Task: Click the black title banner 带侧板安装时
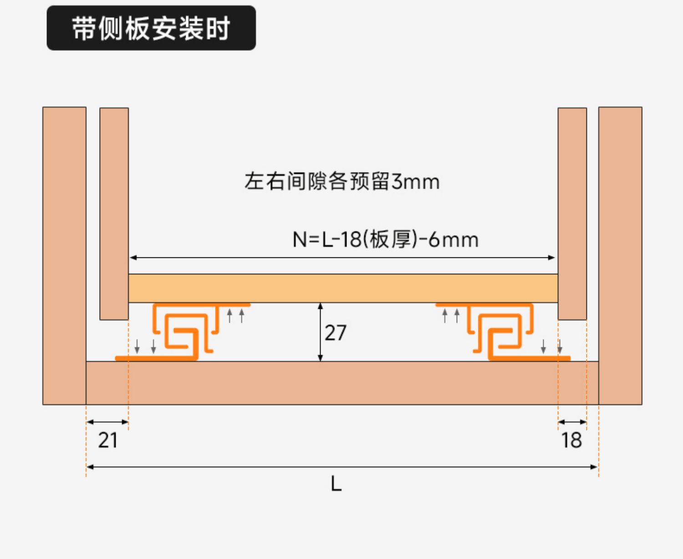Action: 151,28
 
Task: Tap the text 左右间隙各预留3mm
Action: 341,181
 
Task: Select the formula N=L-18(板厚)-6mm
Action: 385,240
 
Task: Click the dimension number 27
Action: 336,333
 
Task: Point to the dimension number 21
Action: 108,441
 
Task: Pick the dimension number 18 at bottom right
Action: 571,441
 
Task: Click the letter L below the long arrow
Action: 336,484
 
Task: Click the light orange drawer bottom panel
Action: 343,288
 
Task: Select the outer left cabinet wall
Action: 64,255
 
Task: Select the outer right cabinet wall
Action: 620,255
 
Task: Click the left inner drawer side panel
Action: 114,214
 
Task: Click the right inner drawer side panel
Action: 572,214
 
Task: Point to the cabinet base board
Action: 341,383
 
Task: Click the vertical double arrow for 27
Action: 321,332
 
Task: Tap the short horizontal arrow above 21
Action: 107,422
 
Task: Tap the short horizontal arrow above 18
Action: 572,422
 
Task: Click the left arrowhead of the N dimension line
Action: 133,258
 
